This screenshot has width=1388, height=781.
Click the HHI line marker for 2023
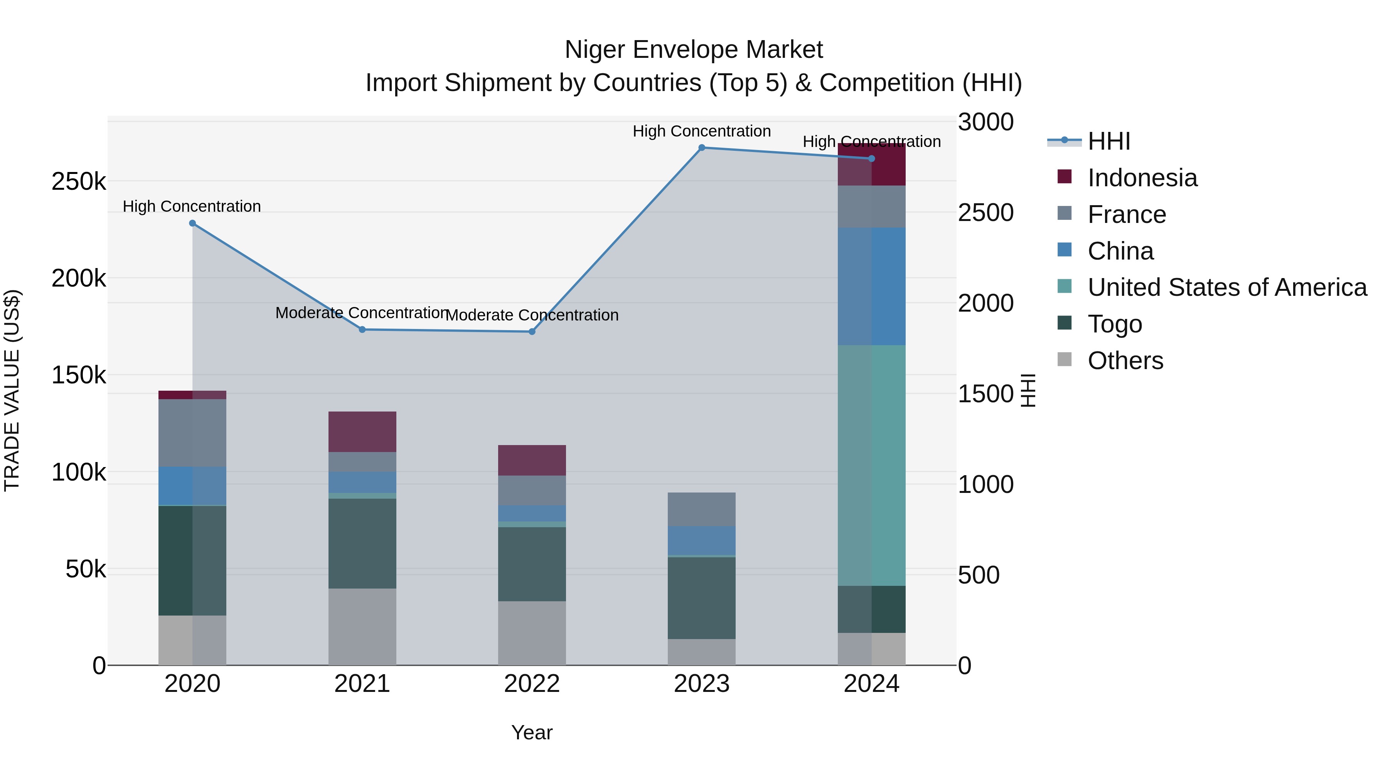point(702,147)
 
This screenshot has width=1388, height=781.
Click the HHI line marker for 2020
point(192,223)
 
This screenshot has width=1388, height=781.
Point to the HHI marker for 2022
point(532,331)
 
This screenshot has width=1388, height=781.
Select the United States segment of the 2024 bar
point(871,465)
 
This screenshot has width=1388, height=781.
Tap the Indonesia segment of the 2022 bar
point(532,460)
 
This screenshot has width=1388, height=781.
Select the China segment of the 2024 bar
point(871,286)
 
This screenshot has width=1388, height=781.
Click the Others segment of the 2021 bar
point(362,626)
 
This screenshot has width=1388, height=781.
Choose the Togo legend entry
point(1114,324)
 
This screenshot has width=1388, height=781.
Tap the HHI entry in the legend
point(1108,141)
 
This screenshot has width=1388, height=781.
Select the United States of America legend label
point(1227,287)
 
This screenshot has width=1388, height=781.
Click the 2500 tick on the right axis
point(985,213)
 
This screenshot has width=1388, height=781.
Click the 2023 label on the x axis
point(702,684)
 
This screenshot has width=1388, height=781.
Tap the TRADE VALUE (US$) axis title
point(12,390)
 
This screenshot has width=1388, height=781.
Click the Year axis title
point(532,732)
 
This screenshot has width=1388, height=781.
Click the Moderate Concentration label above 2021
point(362,313)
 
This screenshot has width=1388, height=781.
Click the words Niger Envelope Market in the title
point(694,50)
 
